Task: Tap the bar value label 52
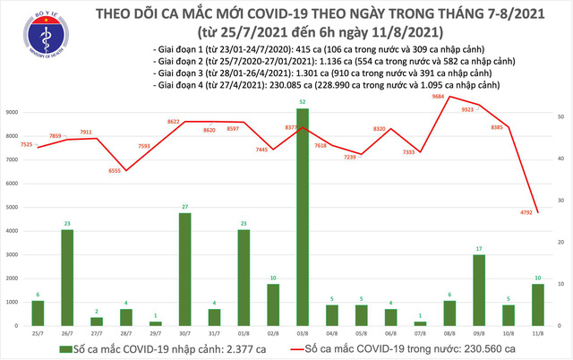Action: click(x=303, y=101)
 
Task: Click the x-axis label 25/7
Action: click(x=38, y=333)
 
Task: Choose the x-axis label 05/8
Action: click(x=361, y=333)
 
